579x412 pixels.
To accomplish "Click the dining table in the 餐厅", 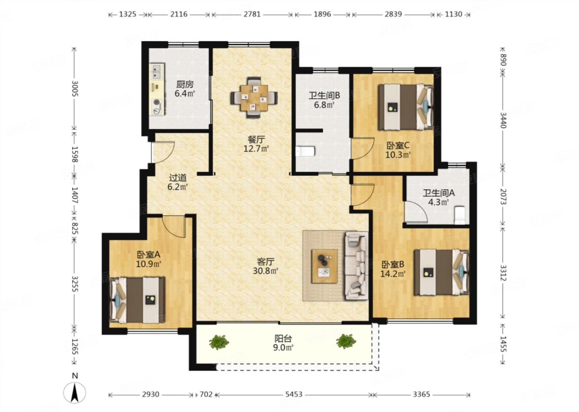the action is point(254,97).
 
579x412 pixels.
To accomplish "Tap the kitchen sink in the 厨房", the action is point(157,72).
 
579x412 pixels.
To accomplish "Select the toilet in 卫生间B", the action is point(306,151).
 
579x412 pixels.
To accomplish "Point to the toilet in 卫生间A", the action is point(460,215).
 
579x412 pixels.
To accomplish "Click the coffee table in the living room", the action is point(324,266).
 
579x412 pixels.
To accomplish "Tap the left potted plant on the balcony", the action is point(219,342).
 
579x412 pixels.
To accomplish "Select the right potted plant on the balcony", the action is point(346,341).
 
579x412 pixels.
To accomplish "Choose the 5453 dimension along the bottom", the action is point(294,394).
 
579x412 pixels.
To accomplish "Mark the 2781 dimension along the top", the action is point(252,14).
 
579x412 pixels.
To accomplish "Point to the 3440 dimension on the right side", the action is point(503,120).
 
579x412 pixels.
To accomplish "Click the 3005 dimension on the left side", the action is point(74,89).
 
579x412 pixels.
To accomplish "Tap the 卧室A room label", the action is point(149,255).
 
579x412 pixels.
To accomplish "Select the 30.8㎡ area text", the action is point(265,271).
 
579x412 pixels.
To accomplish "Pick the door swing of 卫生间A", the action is point(416,212).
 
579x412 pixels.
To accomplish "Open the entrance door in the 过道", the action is point(163,152).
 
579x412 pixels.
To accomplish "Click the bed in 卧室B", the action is point(441,272).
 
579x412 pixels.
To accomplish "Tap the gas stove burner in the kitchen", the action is point(157,102).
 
